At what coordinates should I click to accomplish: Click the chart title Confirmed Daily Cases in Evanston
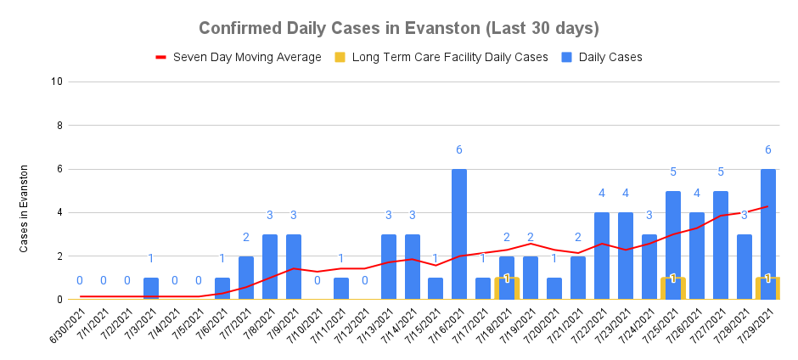tap(399, 28)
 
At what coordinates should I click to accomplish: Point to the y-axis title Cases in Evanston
tap(25, 209)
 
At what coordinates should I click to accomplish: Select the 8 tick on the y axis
tap(59, 126)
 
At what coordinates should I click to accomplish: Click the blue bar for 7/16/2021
tap(459, 233)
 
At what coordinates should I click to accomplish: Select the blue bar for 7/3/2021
tap(150, 289)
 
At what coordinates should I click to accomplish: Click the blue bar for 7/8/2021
tap(269, 267)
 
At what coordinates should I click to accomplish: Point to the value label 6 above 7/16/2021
tap(459, 150)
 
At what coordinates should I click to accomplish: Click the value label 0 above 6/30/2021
tap(79, 281)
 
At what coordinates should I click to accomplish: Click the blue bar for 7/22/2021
tap(602, 256)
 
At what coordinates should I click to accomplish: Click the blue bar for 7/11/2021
tap(340, 289)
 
